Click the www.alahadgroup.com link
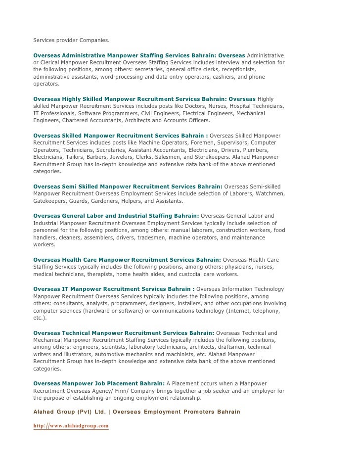pos(71,425)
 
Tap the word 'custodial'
pos(186,274)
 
